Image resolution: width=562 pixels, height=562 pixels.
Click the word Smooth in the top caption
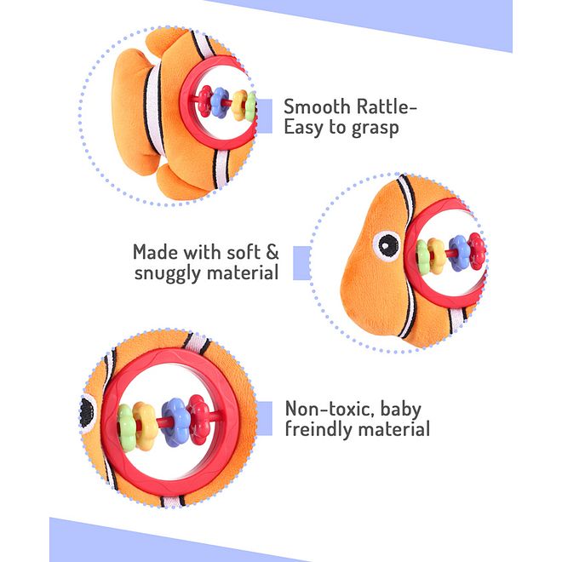pos(317,106)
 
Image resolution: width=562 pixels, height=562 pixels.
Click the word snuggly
pos(169,273)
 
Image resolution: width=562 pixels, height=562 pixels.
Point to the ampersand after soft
pos(272,252)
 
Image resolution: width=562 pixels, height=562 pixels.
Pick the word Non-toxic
pos(330,409)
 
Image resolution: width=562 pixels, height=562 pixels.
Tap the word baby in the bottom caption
pos(401,410)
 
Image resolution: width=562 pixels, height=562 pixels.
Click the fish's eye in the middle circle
pos(387,245)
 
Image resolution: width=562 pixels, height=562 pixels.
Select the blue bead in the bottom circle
pos(175,422)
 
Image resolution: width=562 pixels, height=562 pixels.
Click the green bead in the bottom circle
pos(126,427)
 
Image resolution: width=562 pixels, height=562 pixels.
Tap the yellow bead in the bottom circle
pos(145,426)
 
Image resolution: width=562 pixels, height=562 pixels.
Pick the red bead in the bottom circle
pos(198,419)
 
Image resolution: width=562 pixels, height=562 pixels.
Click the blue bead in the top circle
pos(220,103)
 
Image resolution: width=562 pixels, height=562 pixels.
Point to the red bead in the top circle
pos(205,101)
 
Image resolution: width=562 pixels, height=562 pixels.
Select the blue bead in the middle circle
pos(459,253)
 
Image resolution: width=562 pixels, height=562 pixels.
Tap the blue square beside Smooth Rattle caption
pos(265,116)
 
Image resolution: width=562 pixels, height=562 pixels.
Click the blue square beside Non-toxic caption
pos(265,419)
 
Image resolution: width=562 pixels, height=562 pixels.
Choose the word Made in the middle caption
pos(157,252)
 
